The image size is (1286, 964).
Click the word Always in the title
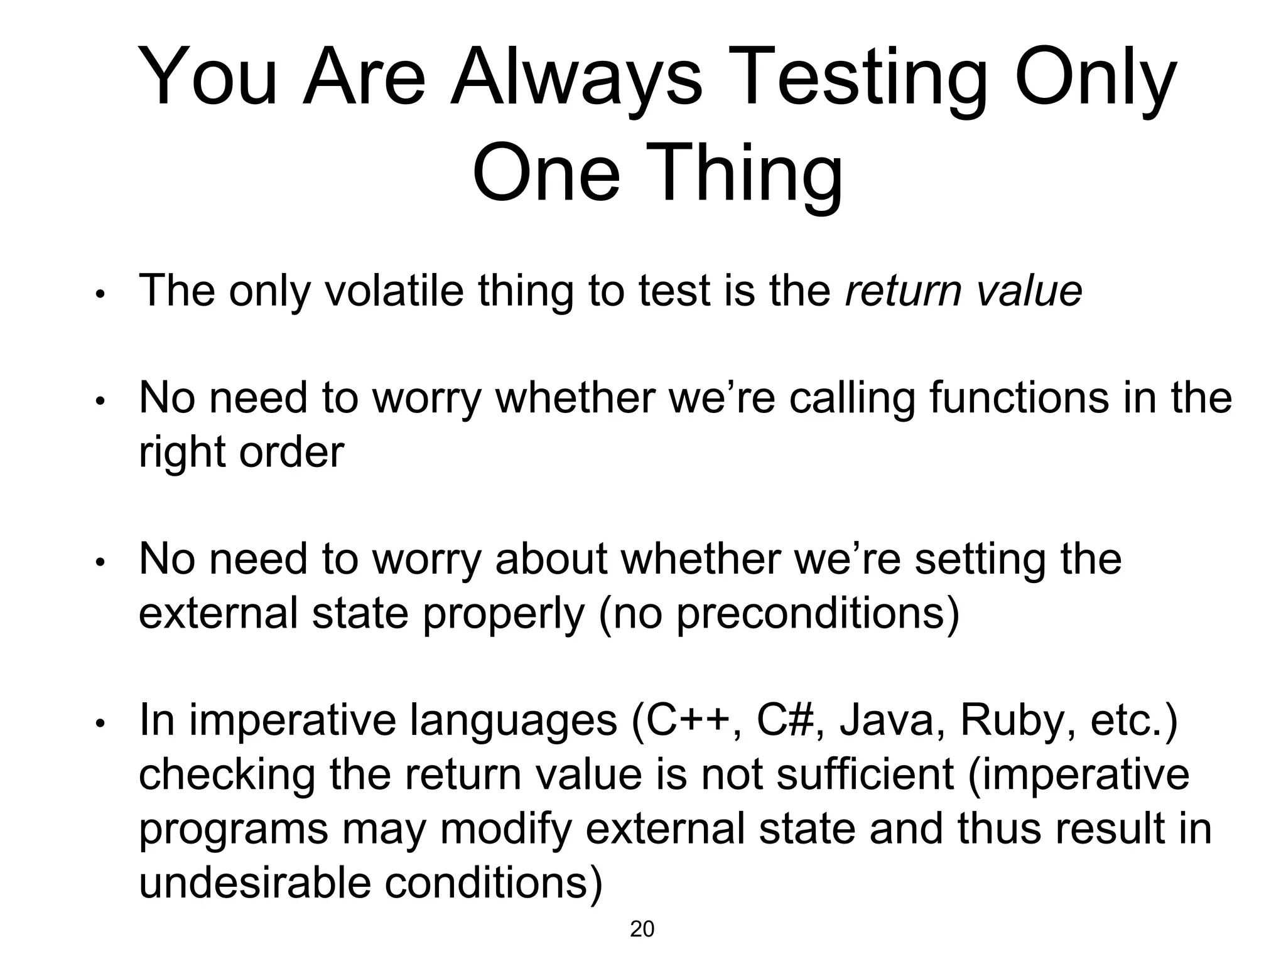coord(576,78)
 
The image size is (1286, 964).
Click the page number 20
coord(642,929)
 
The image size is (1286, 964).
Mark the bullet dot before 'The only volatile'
coord(99,294)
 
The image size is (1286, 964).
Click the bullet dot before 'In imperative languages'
coord(99,724)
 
